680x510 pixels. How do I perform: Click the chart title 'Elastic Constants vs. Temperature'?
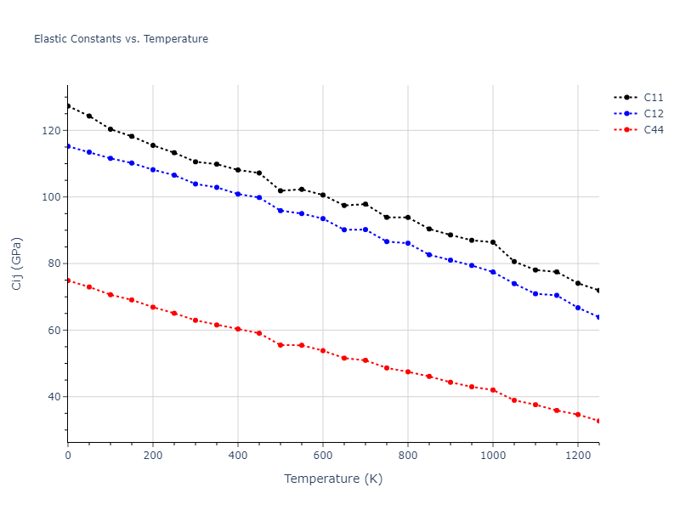tap(121, 39)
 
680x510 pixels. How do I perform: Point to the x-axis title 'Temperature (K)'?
tap(333, 479)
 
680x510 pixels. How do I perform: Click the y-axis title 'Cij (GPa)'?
tap(17, 263)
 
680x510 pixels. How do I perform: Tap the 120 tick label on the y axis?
tap(51, 131)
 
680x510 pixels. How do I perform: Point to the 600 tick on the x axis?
tap(323, 455)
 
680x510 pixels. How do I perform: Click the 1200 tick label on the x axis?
tap(578, 455)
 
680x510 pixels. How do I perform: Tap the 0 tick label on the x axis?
tap(68, 455)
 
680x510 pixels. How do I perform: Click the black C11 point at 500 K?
tap(280, 190)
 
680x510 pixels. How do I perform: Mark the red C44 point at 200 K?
tap(153, 307)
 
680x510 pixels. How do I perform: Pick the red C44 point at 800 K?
tap(408, 371)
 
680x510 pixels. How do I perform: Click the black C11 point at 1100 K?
tap(535, 270)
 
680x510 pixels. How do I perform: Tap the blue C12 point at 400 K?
tap(238, 194)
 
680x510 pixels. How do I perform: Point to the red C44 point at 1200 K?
tap(578, 415)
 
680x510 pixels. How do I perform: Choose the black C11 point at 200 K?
tap(153, 145)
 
